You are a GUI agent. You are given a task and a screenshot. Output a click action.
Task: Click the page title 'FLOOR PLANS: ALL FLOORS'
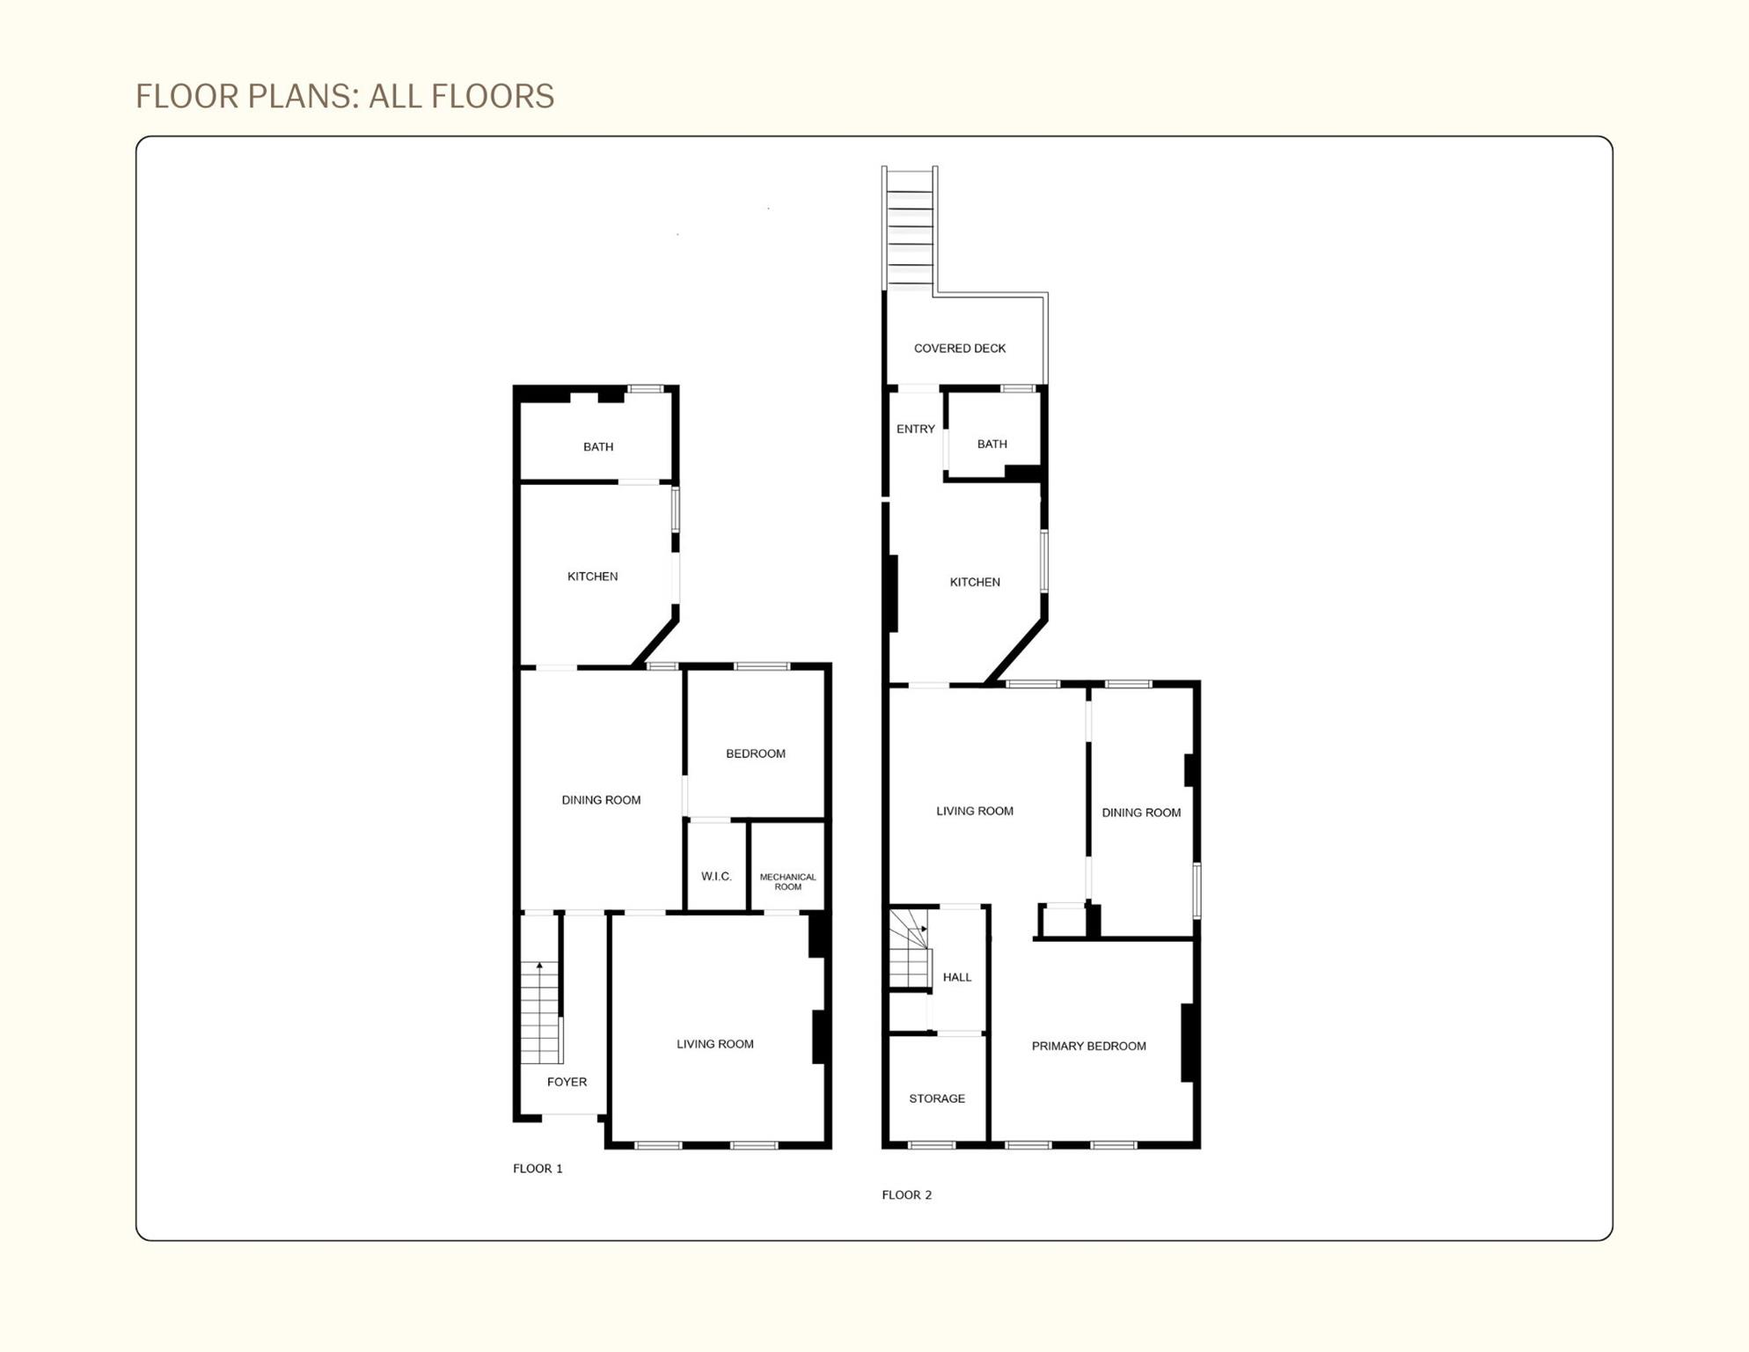(x=344, y=96)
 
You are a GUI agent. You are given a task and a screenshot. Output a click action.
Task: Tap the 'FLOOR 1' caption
(x=538, y=1168)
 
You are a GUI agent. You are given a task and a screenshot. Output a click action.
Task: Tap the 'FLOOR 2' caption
(x=906, y=1194)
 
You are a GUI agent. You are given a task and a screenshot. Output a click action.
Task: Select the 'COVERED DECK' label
(x=959, y=349)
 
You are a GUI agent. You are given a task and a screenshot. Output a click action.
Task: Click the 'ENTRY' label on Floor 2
(x=915, y=429)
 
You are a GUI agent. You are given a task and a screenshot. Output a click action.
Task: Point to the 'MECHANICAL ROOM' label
(x=787, y=881)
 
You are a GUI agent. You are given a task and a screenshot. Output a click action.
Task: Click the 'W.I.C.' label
(x=716, y=876)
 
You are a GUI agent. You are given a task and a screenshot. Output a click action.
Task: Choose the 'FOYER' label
(x=567, y=1082)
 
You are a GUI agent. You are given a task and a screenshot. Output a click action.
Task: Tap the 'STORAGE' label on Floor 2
(x=937, y=1098)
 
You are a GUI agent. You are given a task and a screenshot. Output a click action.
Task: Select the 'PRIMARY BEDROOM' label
(x=1088, y=1046)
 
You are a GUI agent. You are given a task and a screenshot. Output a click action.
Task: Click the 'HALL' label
(x=956, y=977)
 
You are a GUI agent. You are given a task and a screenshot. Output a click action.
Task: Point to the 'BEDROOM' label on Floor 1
(x=755, y=753)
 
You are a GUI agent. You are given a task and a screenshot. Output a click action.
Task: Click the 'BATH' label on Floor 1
(x=598, y=446)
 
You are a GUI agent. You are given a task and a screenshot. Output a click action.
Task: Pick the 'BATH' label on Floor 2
(x=992, y=444)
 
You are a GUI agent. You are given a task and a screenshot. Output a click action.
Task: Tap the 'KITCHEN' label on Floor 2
(x=974, y=582)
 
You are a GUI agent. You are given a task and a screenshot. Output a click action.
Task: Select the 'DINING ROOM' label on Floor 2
(x=1140, y=812)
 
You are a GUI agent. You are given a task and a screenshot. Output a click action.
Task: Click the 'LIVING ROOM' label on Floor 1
(x=714, y=1044)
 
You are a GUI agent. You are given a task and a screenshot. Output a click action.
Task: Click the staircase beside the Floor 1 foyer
(x=540, y=1012)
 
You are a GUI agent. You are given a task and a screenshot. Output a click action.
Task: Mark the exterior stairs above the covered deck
(x=910, y=229)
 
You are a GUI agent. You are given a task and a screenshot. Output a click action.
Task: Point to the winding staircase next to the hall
(x=909, y=949)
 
